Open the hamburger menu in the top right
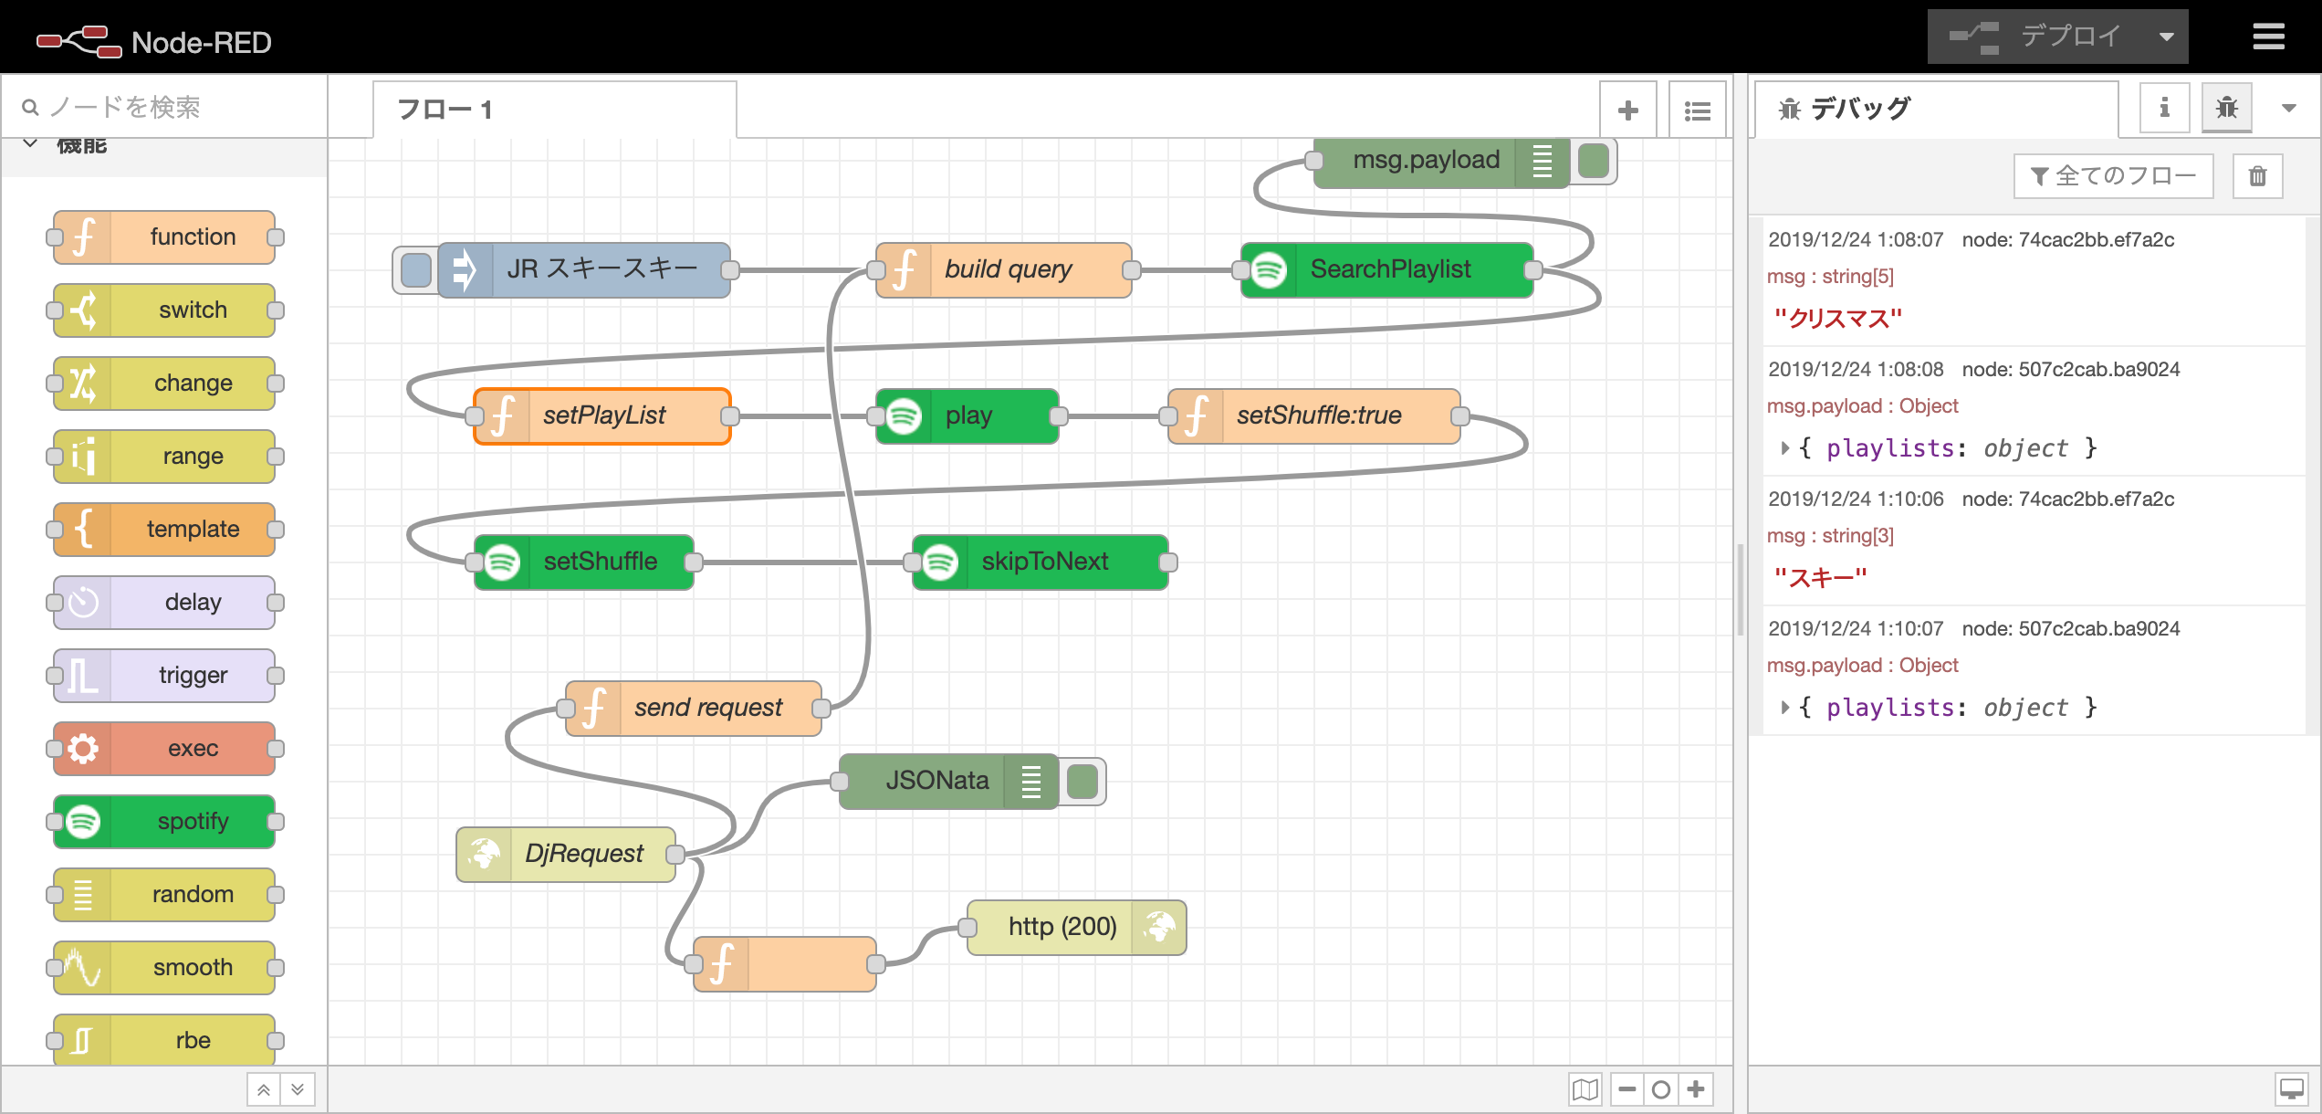(2268, 37)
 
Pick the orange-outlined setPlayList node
(603, 415)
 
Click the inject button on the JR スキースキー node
(416, 269)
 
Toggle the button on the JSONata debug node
(1083, 781)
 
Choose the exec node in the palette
(165, 749)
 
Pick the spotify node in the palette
(165, 822)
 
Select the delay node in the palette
(165, 603)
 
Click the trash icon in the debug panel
(2257, 176)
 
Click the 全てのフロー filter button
(2113, 176)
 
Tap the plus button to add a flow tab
(1627, 111)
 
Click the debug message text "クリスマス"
(1837, 319)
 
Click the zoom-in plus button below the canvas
(1696, 1088)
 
